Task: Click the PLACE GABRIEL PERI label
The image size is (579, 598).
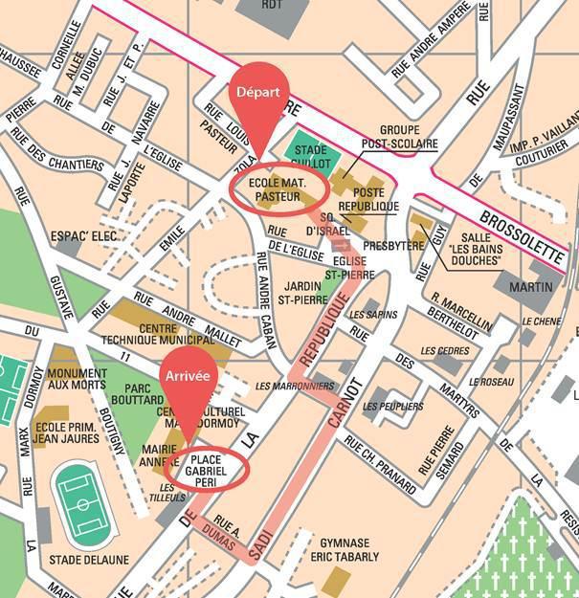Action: click(x=207, y=467)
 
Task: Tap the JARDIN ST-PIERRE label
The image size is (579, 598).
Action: click(x=304, y=291)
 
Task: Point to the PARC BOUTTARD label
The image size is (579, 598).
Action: click(x=137, y=395)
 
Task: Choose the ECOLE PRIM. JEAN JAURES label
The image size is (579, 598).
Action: click(x=66, y=432)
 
